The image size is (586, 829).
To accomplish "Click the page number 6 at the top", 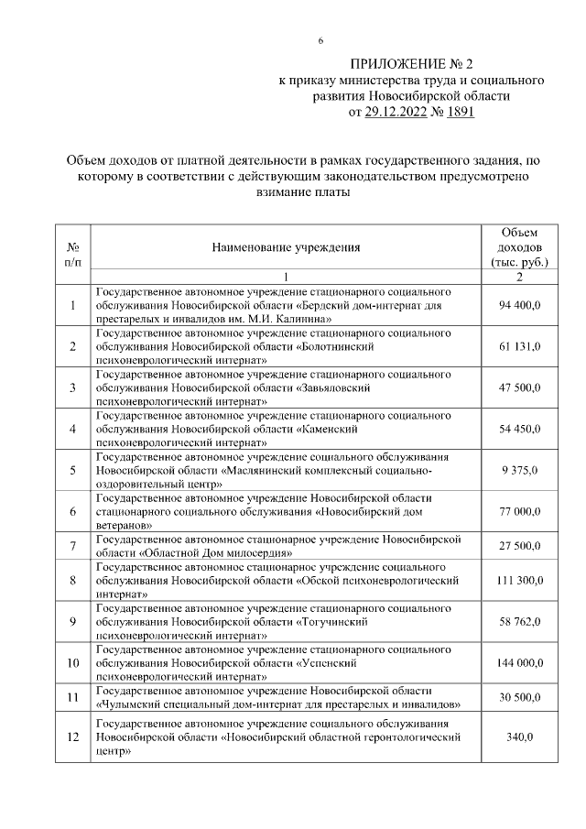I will point(320,41).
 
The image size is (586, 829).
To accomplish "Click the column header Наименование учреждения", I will point(286,247).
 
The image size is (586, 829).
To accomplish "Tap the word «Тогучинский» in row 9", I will point(333,622).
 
